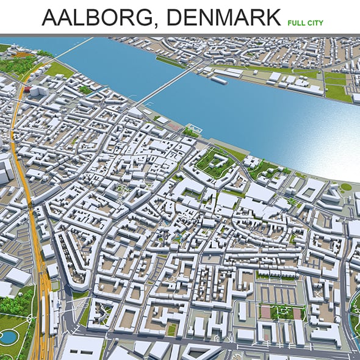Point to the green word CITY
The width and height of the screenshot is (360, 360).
click(x=315, y=23)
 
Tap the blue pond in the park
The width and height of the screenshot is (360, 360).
click(x=9, y=336)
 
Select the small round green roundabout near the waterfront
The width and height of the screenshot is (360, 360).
click(x=346, y=187)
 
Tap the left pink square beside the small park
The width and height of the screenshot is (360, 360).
click(x=265, y=313)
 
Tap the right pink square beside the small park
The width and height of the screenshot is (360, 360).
click(x=297, y=314)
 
